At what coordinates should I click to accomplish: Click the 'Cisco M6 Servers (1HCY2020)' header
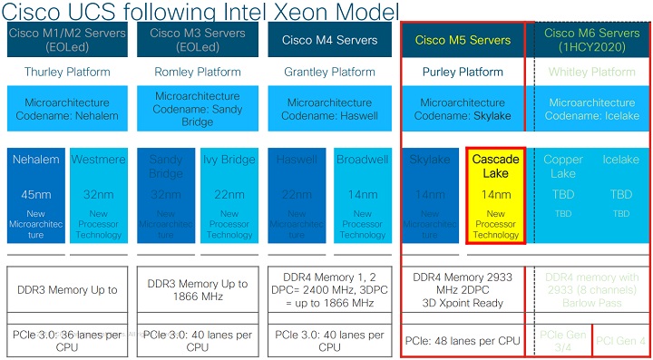click(x=590, y=40)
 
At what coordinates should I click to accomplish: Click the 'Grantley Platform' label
click(x=328, y=72)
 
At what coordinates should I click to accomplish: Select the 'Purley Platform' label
click(x=463, y=72)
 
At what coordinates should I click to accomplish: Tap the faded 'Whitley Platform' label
click(x=590, y=72)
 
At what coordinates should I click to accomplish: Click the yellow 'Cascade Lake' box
click(x=496, y=196)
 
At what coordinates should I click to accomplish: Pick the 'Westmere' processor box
click(x=98, y=196)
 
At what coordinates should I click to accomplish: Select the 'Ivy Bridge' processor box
click(x=229, y=196)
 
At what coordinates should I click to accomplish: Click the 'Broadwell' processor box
click(x=362, y=196)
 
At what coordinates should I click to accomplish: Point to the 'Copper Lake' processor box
click(x=562, y=196)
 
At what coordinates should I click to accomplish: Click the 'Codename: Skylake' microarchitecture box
click(x=463, y=110)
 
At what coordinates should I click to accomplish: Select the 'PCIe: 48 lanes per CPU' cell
click(x=463, y=340)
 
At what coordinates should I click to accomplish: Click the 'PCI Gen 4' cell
click(x=621, y=340)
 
